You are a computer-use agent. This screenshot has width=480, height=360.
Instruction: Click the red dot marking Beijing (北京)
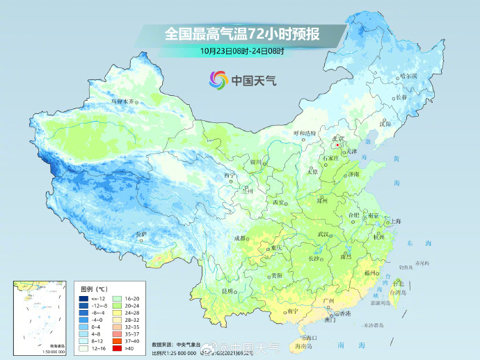tap(338, 146)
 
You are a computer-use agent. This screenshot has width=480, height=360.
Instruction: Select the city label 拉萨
tap(142, 234)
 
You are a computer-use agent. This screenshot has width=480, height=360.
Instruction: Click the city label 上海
tap(395, 221)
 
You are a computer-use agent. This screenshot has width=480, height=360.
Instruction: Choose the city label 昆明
tap(227, 291)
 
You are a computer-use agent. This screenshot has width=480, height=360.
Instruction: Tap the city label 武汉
tap(323, 235)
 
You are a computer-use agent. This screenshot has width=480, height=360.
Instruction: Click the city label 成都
tap(240, 238)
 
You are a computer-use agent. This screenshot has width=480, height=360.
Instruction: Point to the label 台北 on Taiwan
tap(398, 284)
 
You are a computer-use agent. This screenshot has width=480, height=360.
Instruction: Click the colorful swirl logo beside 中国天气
tap(218, 80)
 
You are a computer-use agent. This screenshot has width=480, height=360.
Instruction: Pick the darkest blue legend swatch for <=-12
tap(83, 297)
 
